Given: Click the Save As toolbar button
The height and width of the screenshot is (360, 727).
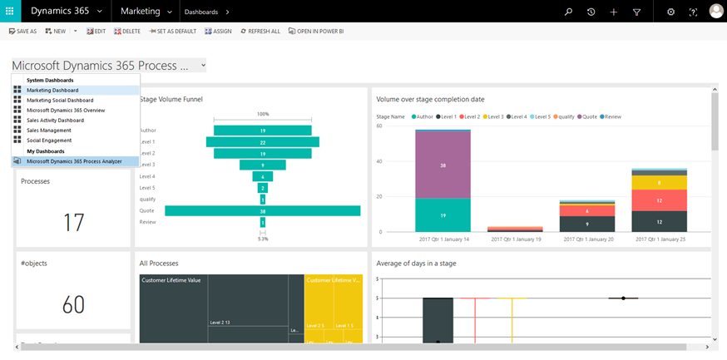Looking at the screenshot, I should pos(23,31).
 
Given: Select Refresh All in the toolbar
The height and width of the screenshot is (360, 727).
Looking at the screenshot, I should pos(260,31).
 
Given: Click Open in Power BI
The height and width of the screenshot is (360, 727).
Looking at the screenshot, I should pos(316,31).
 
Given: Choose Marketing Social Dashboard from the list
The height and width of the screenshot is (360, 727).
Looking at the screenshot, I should pos(60,100).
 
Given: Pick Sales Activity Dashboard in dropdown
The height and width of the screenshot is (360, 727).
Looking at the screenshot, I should pos(55,120).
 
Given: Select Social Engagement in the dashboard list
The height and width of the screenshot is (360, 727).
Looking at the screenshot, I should pos(48,140).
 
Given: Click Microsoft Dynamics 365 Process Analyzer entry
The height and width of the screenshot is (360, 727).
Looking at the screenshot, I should pos(75,161).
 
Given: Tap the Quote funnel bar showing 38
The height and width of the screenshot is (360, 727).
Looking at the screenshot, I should pos(262,210).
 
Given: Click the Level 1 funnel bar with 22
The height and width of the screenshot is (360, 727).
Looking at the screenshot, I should pos(262,141).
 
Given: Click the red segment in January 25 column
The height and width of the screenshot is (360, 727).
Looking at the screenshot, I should pos(659,200).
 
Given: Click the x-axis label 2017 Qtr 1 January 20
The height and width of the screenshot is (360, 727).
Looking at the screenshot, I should pos(586,239).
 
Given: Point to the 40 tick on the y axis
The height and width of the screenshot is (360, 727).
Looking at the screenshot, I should pos(378,161).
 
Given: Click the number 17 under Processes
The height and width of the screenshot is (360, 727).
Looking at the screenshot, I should pos(73,222).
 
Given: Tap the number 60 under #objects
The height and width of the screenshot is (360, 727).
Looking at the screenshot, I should pos(73,304).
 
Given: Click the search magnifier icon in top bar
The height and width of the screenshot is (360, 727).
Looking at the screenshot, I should pos(569,12).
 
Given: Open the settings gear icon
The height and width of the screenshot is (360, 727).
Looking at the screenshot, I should pos(671,12).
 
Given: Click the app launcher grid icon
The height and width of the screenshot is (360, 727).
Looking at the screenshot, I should pos(11,12).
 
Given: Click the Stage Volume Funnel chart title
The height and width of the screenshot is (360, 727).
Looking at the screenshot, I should pos(171,99).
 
